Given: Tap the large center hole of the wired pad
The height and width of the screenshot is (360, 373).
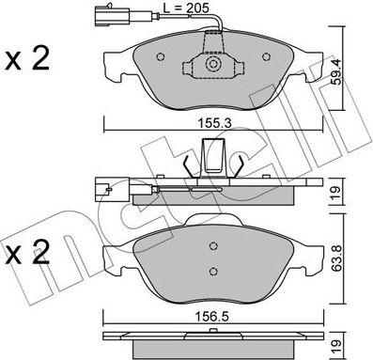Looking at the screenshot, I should (215, 66).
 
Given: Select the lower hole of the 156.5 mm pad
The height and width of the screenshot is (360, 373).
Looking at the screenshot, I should (215, 272).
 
